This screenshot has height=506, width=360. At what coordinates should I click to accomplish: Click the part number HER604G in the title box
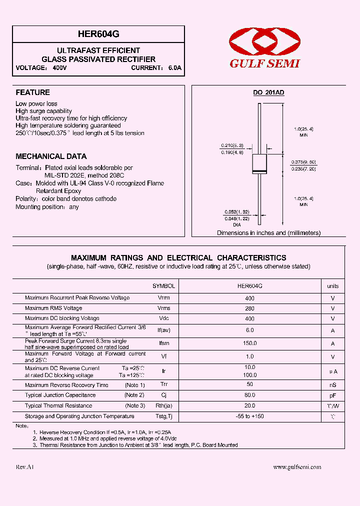pos(98,34)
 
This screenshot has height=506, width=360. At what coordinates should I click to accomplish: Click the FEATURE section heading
pos(33,92)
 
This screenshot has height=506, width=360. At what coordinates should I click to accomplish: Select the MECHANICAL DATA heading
pos(51,156)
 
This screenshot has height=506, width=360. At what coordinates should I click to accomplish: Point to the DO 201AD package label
pos(268,92)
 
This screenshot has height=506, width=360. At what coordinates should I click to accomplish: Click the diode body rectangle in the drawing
pos(259,164)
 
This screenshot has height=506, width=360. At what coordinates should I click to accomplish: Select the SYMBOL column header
pos(163,286)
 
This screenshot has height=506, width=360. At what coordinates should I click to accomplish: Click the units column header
pos(332,286)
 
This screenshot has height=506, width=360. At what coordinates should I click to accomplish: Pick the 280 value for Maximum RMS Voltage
pos(250,308)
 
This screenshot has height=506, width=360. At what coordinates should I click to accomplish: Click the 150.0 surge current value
pos(250,343)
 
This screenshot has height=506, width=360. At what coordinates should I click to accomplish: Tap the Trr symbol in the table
pos(163,385)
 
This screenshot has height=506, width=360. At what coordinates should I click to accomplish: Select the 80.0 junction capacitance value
pos(250,395)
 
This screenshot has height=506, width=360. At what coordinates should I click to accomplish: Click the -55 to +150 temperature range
pos(250,416)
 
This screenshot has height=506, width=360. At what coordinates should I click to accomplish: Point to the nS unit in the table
pos(332,385)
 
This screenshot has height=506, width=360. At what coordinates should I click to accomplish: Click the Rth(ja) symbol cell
pos(163,406)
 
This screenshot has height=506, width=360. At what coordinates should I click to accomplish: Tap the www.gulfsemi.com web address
pos(297,467)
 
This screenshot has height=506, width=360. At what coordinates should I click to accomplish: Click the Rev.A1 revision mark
pos(24,467)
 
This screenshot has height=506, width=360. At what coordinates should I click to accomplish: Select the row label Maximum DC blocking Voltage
pos(62,318)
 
